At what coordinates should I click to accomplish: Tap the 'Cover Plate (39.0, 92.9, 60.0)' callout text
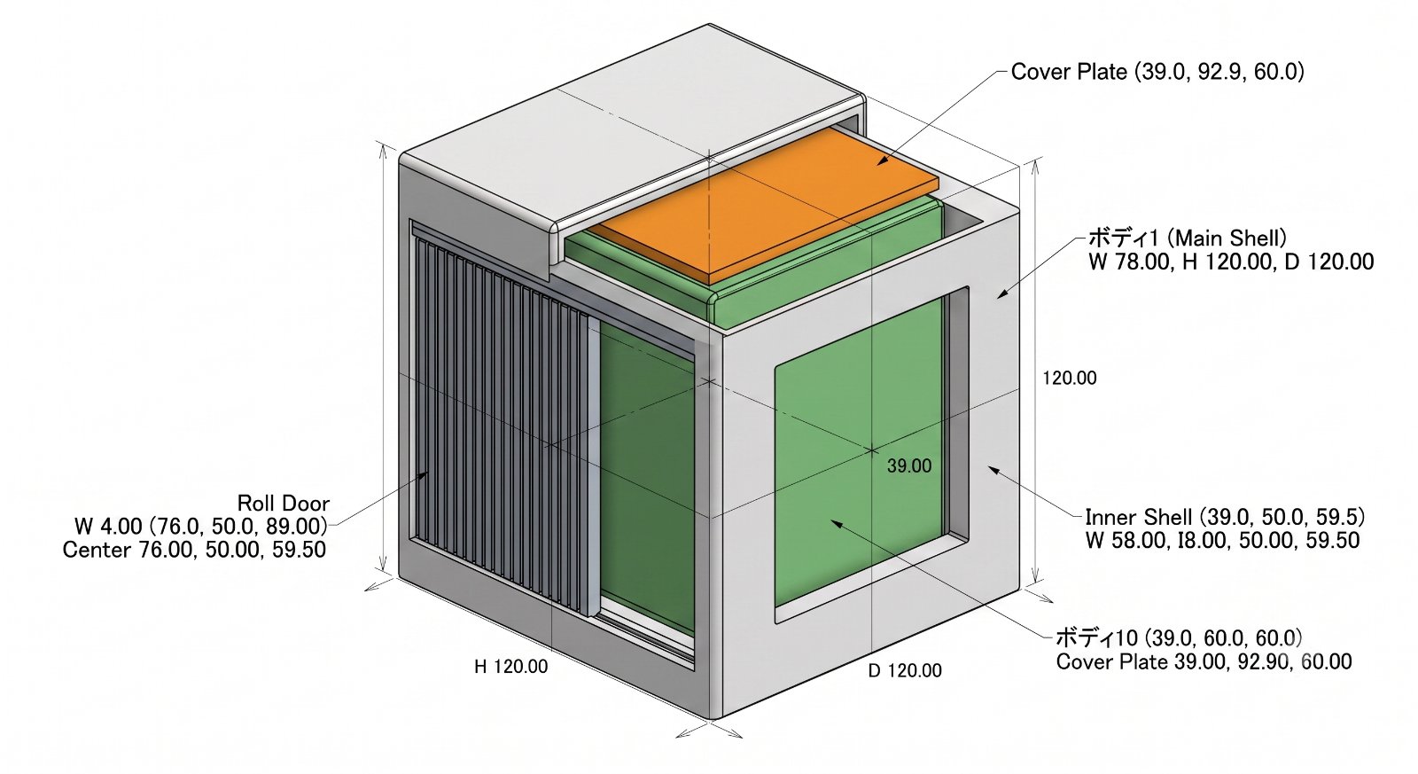(1157, 72)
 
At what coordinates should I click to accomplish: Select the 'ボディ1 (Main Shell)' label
(1187, 238)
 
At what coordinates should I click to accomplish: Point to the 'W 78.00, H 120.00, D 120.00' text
(1231, 262)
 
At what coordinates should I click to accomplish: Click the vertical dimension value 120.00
(1069, 378)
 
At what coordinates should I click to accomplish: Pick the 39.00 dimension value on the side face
(909, 466)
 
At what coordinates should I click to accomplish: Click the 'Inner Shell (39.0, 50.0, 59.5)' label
(1224, 517)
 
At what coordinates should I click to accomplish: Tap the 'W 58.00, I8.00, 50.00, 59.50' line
(1222, 540)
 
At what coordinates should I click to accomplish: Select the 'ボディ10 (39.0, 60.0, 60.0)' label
(1179, 637)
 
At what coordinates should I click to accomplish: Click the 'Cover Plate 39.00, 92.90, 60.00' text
(1204, 661)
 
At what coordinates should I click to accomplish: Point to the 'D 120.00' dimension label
(905, 670)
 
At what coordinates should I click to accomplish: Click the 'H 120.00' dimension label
(510, 667)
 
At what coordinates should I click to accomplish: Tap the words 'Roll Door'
(283, 504)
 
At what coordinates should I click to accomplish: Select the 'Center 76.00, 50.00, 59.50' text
(194, 549)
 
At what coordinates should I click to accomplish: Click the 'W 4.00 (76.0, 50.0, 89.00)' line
(201, 526)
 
